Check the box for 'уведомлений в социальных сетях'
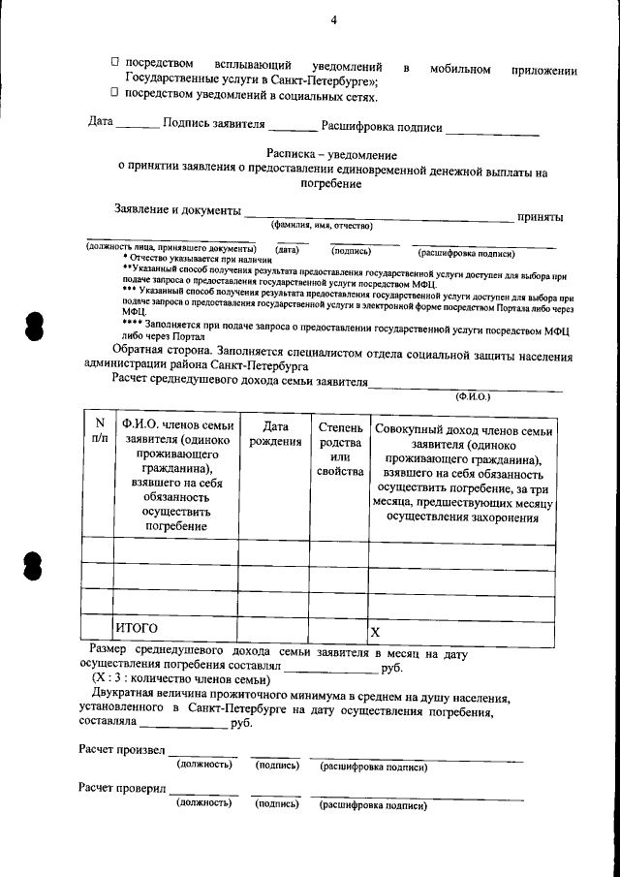click(114, 94)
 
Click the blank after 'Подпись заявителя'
click(292, 127)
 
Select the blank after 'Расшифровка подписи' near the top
click(492, 130)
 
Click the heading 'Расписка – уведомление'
click(331, 155)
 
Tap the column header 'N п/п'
click(99, 431)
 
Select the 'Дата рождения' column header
click(274, 434)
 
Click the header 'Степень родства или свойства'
click(339, 450)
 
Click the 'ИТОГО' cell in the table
click(137, 629)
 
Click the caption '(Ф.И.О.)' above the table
click(474, 396)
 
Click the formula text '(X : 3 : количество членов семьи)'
click(181, 680)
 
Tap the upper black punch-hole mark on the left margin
click(35, 326)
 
